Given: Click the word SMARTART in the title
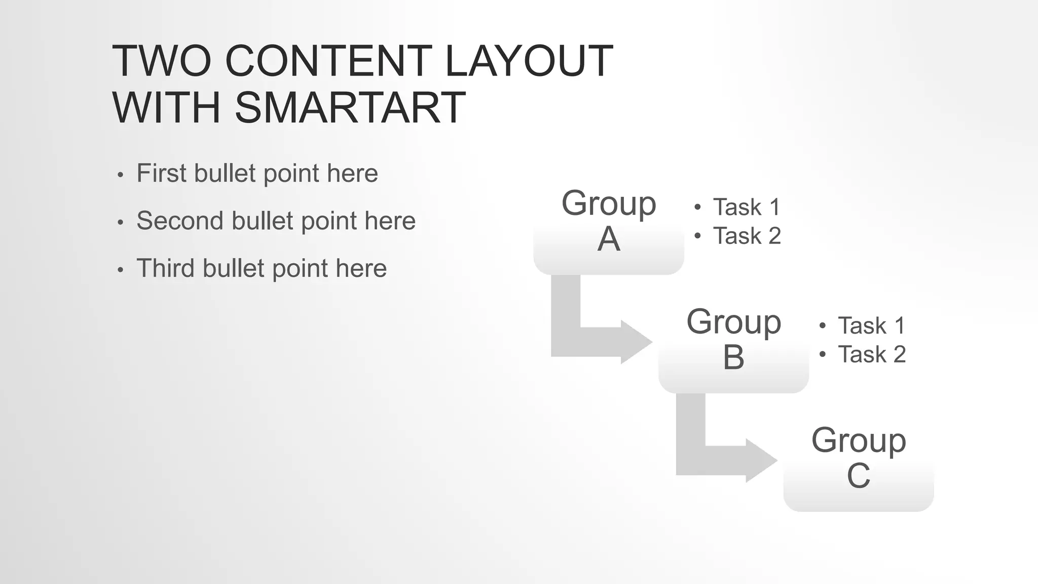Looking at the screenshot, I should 350,107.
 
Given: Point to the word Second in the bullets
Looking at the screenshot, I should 179,221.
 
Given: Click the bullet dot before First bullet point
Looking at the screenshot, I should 120,175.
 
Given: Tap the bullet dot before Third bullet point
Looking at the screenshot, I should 120,270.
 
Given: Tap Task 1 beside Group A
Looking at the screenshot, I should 746,207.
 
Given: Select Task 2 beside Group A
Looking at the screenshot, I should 747,236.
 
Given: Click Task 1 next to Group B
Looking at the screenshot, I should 871,325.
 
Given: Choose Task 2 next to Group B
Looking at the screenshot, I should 872,354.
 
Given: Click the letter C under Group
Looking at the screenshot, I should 858,476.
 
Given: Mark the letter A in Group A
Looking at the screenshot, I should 608,239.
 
